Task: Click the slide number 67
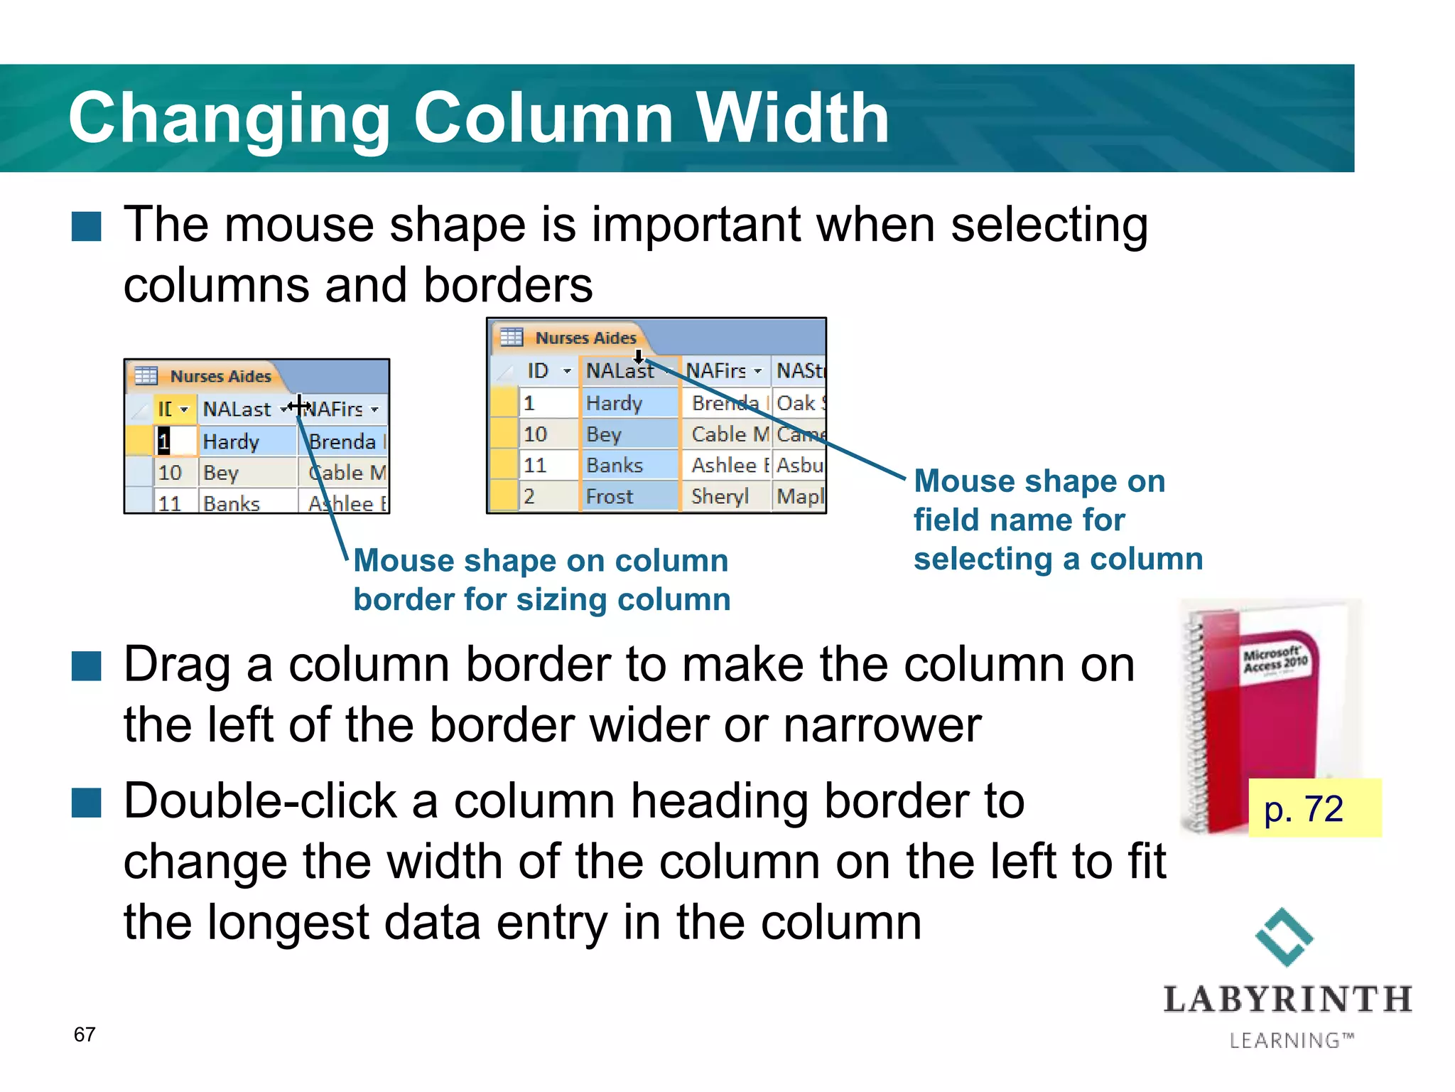pyautogui.click(x=85, y=1034)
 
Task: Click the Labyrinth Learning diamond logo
pyautogui.click(x=1284, y=936)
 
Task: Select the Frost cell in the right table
pyautogui.click(x=610, y=496)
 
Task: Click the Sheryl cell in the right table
pyautogui.click(x=720, y=496)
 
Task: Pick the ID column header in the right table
pyautogui.click(x=538, y=370)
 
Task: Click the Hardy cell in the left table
pyautogui.click(x=231, y=441)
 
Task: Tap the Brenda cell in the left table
pyautogui.click(x=342, y=441)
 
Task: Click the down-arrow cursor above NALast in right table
pyautogui.click(x=639, y=356)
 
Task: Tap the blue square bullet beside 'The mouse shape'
pyautogui.click(x=87, y=227)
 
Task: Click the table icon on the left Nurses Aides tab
pyautogui.click(x=146, y=375)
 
